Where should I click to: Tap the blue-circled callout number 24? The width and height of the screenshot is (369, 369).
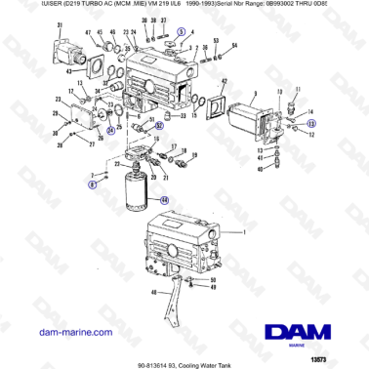[x=110, y=131]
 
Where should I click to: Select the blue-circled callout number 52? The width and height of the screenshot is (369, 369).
[x=159, y=126]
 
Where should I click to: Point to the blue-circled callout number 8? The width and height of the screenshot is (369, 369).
[x=93, y=183]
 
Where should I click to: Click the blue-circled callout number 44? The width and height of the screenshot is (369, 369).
[x=164, y=199]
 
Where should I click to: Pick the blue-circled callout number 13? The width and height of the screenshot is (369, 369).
[x=311, y=125]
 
